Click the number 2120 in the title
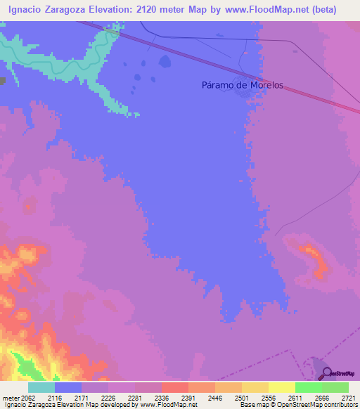(144, 10)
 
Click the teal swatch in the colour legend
(41, 387)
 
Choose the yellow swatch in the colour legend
(281, 387)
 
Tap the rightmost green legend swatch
(335, 387)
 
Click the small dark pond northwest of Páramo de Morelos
(165, 62)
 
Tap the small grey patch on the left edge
(2, 82)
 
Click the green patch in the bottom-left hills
(27, 365)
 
